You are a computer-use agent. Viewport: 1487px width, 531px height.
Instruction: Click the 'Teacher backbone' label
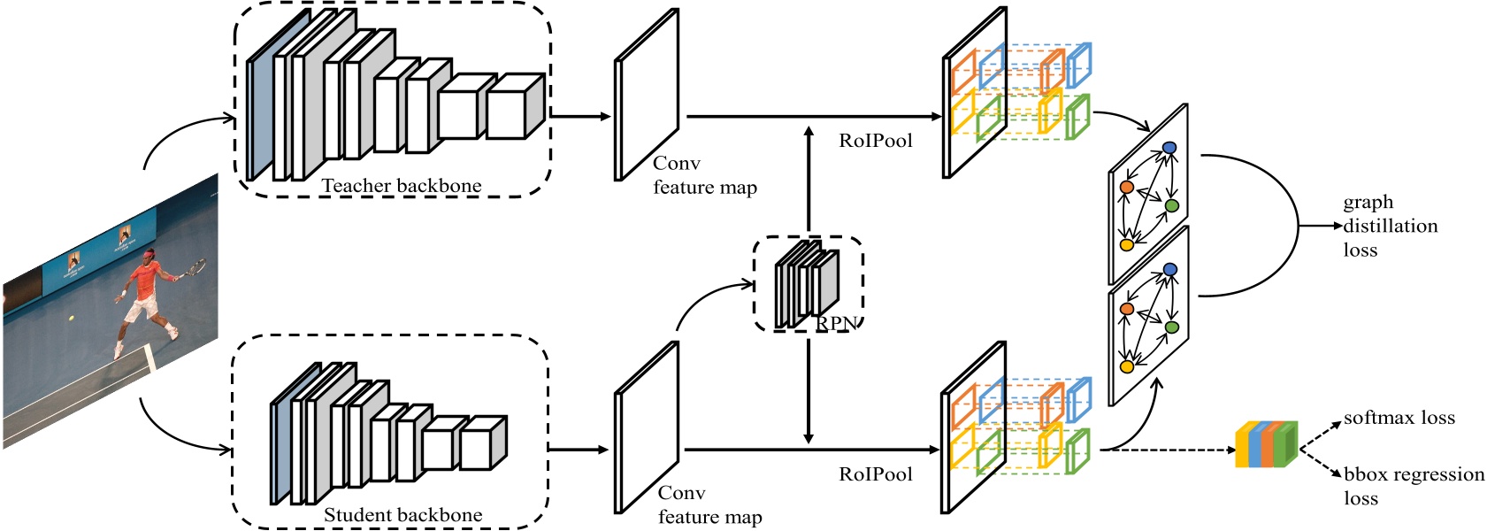(x=401, y=186)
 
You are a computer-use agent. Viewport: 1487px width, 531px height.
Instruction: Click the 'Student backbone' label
(x=402, y=515)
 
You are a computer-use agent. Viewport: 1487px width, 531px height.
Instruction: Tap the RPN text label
(x=835, y=324)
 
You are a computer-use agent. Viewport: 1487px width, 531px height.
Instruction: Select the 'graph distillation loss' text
(x=1389, y=226)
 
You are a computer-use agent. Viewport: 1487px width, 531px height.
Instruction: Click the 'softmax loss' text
(x=1399, y=418)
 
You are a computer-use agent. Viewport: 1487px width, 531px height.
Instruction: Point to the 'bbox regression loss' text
(x=1413, y=485)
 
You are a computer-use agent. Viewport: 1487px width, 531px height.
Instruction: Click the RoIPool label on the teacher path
(x=875, y=141)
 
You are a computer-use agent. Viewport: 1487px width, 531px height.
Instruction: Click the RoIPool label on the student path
(x=875, y=474)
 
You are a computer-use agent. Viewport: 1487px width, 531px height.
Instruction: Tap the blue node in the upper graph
(x=1169, y=148)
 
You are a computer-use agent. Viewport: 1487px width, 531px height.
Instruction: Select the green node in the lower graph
(x=1172, y=327)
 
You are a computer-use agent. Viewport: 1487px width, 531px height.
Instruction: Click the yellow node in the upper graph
(x=1127, y=245)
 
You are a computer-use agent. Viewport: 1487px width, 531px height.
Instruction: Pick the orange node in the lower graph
(x=1127, y=309)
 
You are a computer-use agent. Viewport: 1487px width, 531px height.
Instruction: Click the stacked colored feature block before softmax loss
(x=1266, y=444)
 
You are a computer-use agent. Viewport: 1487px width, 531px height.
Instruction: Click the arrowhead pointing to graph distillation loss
(x=1337, y=226)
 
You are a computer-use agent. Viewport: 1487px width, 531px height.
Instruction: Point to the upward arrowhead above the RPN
(x=809, y=132)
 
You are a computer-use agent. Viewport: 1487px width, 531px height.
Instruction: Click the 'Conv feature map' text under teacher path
(x=703, y=175)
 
